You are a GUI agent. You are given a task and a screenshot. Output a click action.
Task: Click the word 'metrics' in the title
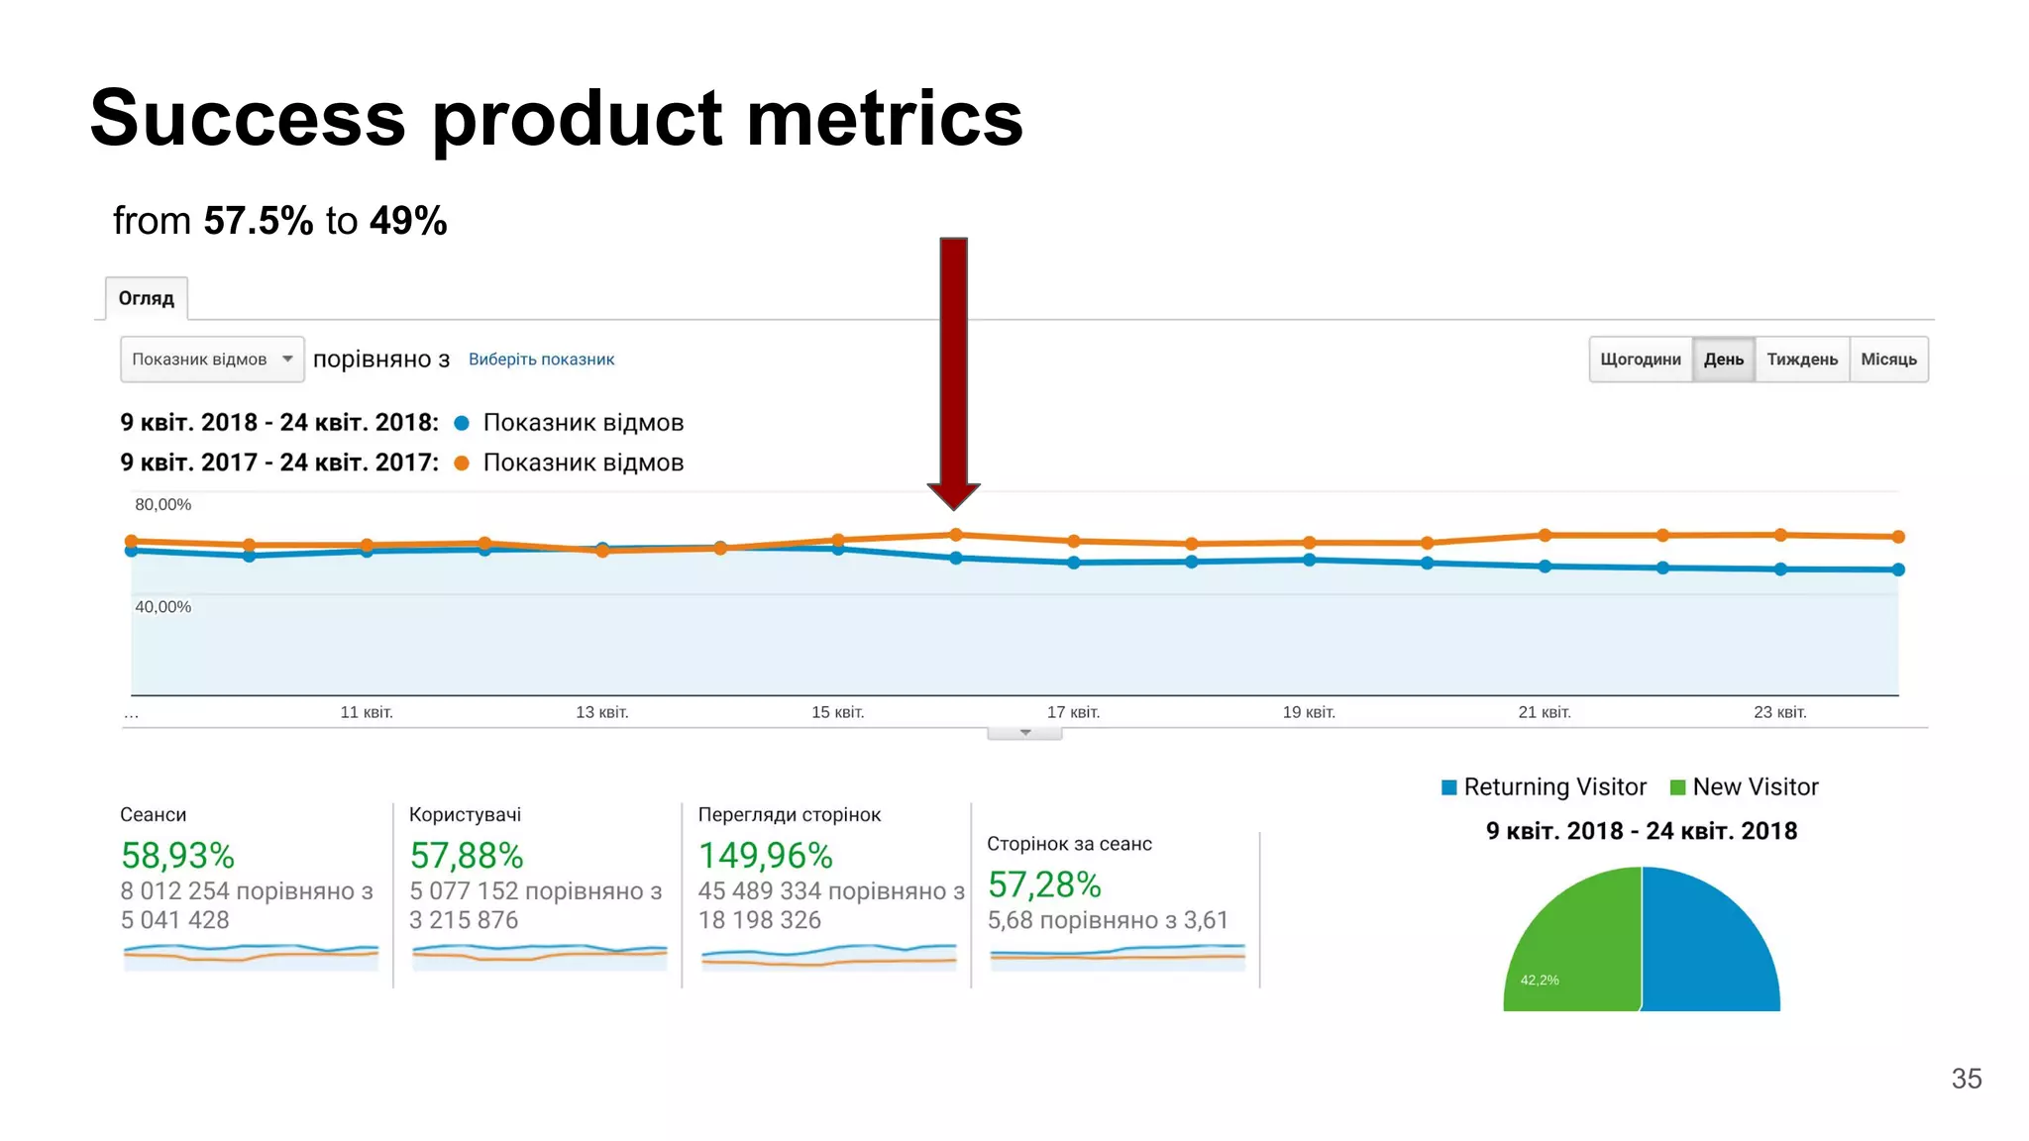tap(884, 119)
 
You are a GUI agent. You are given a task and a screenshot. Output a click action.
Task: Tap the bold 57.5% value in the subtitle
tap(258, 221)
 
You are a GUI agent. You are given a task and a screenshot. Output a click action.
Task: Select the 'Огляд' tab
tap(147, 298)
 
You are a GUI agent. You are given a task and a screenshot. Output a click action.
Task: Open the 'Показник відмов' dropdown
tap(211, 360)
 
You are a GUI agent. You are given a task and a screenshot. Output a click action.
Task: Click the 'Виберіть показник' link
tap(541, 360)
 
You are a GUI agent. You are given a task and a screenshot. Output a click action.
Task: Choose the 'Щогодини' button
tap(1640, 360)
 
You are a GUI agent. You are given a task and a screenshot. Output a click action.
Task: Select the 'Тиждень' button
tap(1801, 360)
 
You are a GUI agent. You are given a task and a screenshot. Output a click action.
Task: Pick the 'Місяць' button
tap(1888, 360)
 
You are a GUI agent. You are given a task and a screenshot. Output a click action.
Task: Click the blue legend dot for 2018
tap(461, 423)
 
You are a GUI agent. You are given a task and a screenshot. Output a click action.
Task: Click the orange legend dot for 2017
tap(461, 463)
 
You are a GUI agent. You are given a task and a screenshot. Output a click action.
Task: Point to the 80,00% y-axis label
tap(162, 504)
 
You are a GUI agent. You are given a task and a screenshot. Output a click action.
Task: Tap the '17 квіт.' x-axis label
tap(1073, 712)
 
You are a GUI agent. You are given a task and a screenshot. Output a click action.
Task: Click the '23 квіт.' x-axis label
tap(1779, 712)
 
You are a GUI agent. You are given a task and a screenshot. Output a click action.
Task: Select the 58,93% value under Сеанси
tap(177, 856)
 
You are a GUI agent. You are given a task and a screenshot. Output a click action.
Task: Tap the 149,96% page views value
tap(765, 856)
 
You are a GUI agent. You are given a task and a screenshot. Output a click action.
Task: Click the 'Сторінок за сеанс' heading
tap(1069, 844)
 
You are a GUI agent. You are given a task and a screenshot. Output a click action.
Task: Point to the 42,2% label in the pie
tap(1539, 980)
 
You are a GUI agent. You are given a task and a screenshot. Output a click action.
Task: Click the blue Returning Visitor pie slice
tap(1709, 951)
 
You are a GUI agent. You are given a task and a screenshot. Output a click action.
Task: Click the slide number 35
tap(1966, 1079)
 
